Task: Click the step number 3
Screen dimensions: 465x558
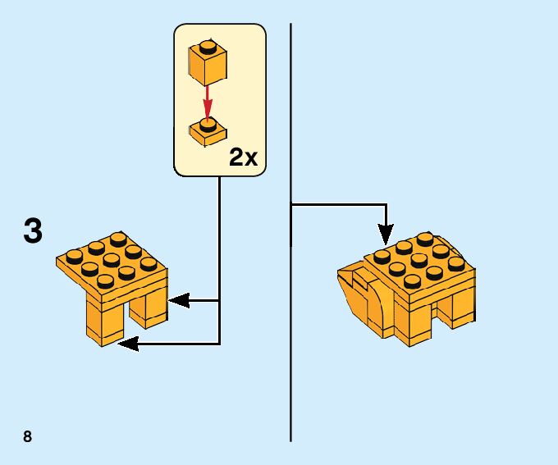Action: tap(33, 231)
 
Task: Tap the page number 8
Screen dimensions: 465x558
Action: tap(28, 436)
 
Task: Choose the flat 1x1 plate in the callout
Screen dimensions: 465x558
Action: tap(208, 131)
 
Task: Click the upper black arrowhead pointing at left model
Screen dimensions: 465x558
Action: tap(176, 301)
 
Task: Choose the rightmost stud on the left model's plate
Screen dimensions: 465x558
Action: tap(149, 263)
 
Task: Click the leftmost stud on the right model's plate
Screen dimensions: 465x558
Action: tap(382, 255)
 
